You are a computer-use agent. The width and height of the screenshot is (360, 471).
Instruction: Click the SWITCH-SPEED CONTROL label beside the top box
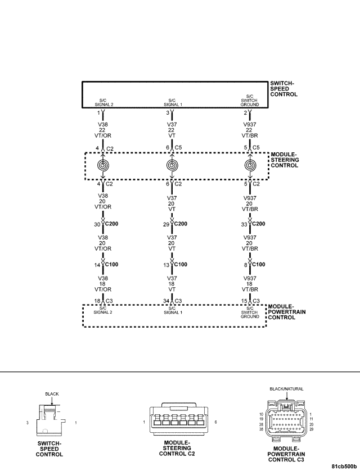click(x=283, y=89)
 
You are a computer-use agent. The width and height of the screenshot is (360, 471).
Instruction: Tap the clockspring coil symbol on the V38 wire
click(x=103, y=165)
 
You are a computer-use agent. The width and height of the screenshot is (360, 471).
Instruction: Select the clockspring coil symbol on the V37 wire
click(x=172, y=165)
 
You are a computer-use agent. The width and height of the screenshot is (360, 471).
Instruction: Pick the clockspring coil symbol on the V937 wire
click(x=250, y=165)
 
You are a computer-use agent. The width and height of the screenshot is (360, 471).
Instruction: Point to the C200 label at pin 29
click(x=181, y=224)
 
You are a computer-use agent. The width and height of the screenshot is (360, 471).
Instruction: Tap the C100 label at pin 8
click(x=258, y=265)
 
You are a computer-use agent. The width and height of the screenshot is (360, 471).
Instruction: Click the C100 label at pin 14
click(x=111, y=265)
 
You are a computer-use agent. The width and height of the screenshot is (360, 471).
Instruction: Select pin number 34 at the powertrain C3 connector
click(x=166, y=301)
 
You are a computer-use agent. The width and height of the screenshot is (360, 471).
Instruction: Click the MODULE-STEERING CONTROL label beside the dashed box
click(x=285, y=160)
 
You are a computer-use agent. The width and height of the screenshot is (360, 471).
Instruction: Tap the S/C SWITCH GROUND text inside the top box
click(x=250, y=101)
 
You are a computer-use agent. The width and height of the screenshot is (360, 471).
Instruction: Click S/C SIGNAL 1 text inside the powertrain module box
click(x=173, y=310)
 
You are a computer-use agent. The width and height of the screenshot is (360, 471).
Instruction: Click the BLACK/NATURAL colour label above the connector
click(x=286, y=389)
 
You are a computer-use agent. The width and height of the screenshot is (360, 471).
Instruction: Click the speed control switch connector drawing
click(x=50, y=420)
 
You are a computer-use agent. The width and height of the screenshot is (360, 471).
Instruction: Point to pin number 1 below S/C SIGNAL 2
click(x=98, y=113)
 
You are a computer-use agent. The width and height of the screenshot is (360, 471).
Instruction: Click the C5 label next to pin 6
click(x=178, y=147)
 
